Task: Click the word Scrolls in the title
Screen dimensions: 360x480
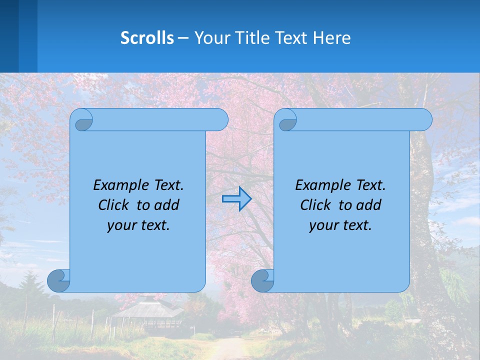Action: (x=147, y=38)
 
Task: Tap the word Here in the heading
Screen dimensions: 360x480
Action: (x=332, y=38)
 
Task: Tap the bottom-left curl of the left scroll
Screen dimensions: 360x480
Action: (x=59, y=280)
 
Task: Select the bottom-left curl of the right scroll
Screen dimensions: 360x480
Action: (x=262, y=280)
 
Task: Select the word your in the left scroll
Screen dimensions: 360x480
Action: (x=121, y=225)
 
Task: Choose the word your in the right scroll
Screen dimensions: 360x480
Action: (x=323, y=225)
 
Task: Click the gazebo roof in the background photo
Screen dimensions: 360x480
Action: (x=147, y=307)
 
